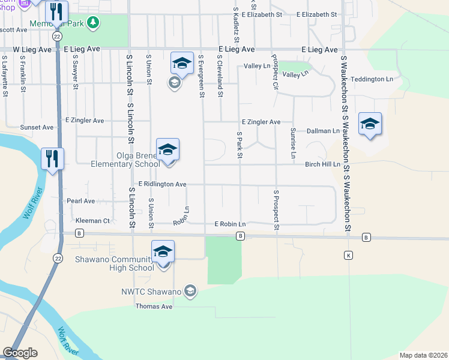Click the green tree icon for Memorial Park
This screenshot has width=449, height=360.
coord(92,23)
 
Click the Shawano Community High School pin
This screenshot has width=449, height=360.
coord(162,252)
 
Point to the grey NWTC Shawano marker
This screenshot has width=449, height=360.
coord(190,292)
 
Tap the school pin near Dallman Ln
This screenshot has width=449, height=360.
coord(369,124)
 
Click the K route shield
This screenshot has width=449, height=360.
coord(348,256)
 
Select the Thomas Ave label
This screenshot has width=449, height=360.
coord(154,307)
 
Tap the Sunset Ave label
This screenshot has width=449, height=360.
coord(37,127)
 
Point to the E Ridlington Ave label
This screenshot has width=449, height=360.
coord(162,184)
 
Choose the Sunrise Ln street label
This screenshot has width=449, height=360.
coord(293,143)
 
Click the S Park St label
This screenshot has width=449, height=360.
coord(239,145)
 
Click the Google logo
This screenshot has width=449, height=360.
coord(20,353)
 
